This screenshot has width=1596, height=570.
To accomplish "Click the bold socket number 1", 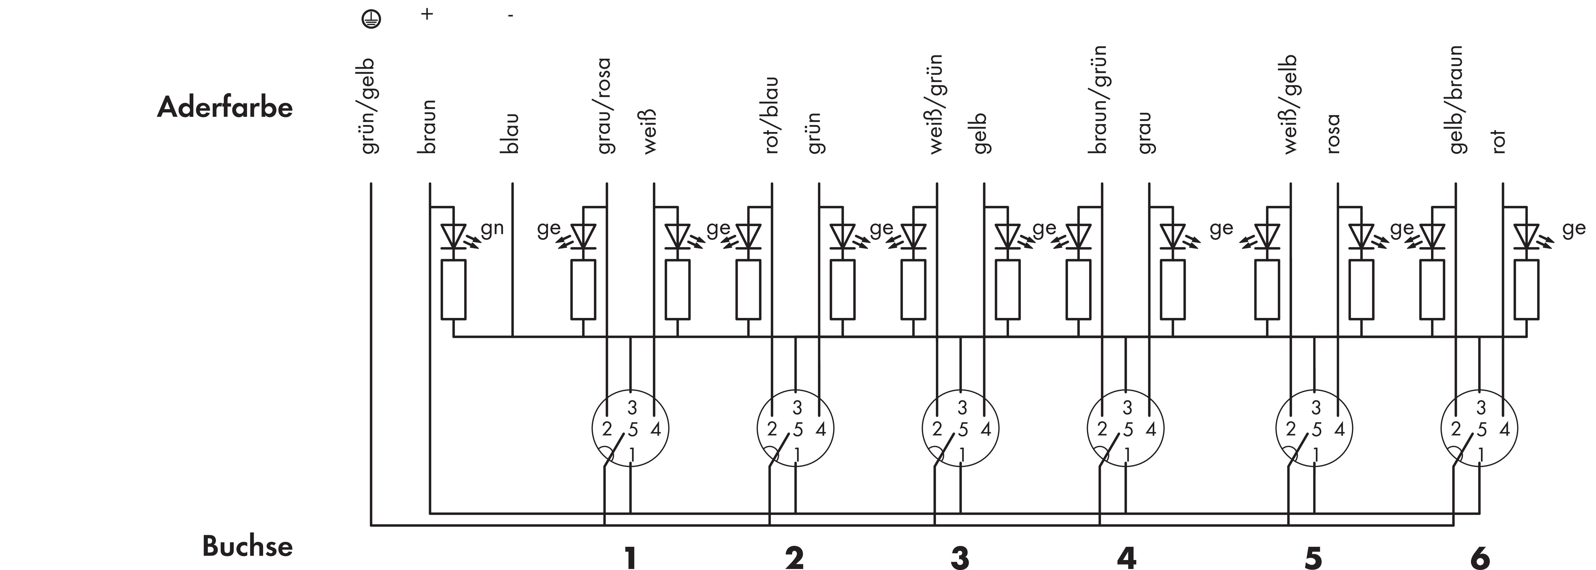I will pyautogui.click(x=630, y=558).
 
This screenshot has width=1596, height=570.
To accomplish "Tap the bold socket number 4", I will pyautogui.click(x=1126, y=558).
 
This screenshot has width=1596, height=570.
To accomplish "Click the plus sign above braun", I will pyautogui.click(x=427, y=14).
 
